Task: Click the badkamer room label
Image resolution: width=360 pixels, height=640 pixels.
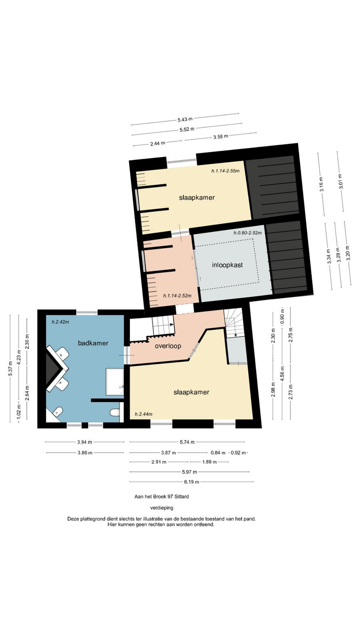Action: pos(93,343)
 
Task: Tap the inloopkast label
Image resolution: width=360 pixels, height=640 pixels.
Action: pos(228,265)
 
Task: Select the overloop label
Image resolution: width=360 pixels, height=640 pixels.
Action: pos(168,346)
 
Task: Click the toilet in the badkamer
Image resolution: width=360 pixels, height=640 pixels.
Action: pos(115,413)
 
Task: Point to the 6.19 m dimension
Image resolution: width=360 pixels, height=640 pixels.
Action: pos(192,482)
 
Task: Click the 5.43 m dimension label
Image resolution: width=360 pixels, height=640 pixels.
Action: pos(185,119)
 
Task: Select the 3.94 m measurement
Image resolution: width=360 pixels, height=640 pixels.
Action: pos(84,442)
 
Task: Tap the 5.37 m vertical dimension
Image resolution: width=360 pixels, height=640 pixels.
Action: pos(10,368)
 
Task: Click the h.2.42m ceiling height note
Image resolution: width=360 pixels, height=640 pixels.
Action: pos(60,322)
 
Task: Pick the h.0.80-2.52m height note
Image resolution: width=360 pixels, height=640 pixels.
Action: pos(248,233)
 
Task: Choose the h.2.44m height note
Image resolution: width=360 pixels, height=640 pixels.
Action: pos(144,414)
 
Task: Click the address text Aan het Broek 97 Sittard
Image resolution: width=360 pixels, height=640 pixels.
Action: pos(162,496)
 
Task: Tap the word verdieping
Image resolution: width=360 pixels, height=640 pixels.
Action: pos(162,508)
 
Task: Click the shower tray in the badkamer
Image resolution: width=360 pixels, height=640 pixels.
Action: pos(114,382)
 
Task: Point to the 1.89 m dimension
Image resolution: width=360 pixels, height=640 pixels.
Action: pos(210,462)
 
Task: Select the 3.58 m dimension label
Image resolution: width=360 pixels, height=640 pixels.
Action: pos(220,136)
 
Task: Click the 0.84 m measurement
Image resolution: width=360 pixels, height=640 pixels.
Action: pos(218,452)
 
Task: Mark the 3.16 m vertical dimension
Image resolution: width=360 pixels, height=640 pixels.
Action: pos(322,184)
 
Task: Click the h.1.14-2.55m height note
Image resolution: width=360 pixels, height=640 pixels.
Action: pos(226,171)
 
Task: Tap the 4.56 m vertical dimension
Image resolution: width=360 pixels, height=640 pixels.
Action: pos(282,374)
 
